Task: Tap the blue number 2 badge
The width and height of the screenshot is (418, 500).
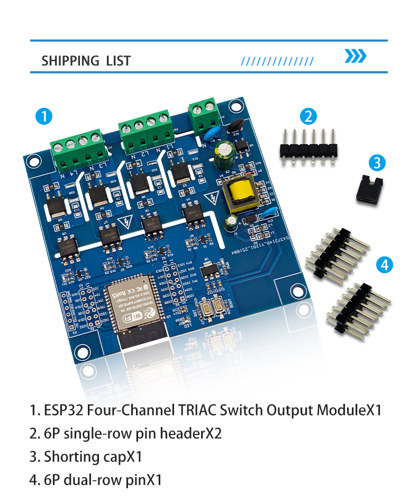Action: (308, 116)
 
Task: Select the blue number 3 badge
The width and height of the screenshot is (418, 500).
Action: (376, 163)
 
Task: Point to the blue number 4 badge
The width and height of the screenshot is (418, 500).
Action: (385, 264)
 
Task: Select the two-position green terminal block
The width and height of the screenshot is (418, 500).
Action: (203, 117)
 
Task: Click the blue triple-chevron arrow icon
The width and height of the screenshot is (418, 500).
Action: (355, 56)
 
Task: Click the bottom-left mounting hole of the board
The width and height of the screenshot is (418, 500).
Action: (81, 350)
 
